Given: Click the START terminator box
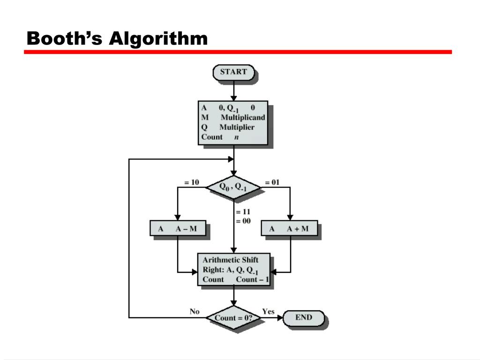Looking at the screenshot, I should click(x=233, y=72).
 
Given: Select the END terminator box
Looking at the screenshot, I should click(x=304, y=318).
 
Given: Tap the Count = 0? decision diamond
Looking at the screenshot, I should click(x=233, y=318).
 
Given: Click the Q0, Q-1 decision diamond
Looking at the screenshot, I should click(x=233, y=187).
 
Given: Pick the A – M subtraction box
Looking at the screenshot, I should click(x=178, y=229).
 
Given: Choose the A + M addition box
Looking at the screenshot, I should click(x=289, y=229).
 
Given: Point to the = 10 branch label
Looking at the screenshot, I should click(x=192, y=182).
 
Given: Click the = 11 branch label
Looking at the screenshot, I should click(x=243, y=211).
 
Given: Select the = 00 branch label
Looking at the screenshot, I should click(x=243, y=221).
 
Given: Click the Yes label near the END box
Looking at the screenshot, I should click(x=268, y=311).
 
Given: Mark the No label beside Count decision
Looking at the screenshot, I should click(x=195, y=311).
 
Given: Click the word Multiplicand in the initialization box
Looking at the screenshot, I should click(x=243, y=117).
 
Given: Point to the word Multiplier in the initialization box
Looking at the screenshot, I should click(x=237, y=127).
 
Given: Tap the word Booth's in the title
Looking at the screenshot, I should click(x=64, y=38).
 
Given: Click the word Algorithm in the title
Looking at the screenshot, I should click(x=158, y=38).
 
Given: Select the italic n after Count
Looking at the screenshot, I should click(x=236, y=137).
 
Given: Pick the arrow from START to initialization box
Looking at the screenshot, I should click(x=233, y=90).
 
